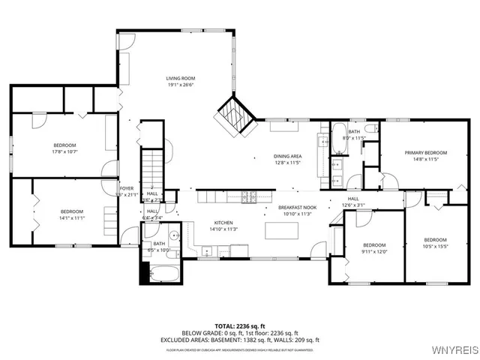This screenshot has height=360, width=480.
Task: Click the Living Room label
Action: [x=180, y=78]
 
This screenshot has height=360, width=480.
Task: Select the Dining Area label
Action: [x=287, y=156]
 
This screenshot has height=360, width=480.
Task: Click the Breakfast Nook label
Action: [x=297, y=207]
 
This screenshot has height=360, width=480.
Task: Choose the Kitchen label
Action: [x=223, y=223]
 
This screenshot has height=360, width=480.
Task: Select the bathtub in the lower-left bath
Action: [x=163, y=271]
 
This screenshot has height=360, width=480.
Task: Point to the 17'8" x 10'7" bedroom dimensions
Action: [x=64, y=151]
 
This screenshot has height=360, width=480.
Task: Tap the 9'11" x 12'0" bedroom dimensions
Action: [x=374, y=251]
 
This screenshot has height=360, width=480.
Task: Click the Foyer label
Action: [x=127, y=188]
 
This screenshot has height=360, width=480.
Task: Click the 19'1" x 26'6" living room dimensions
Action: [x=180, y=85]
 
